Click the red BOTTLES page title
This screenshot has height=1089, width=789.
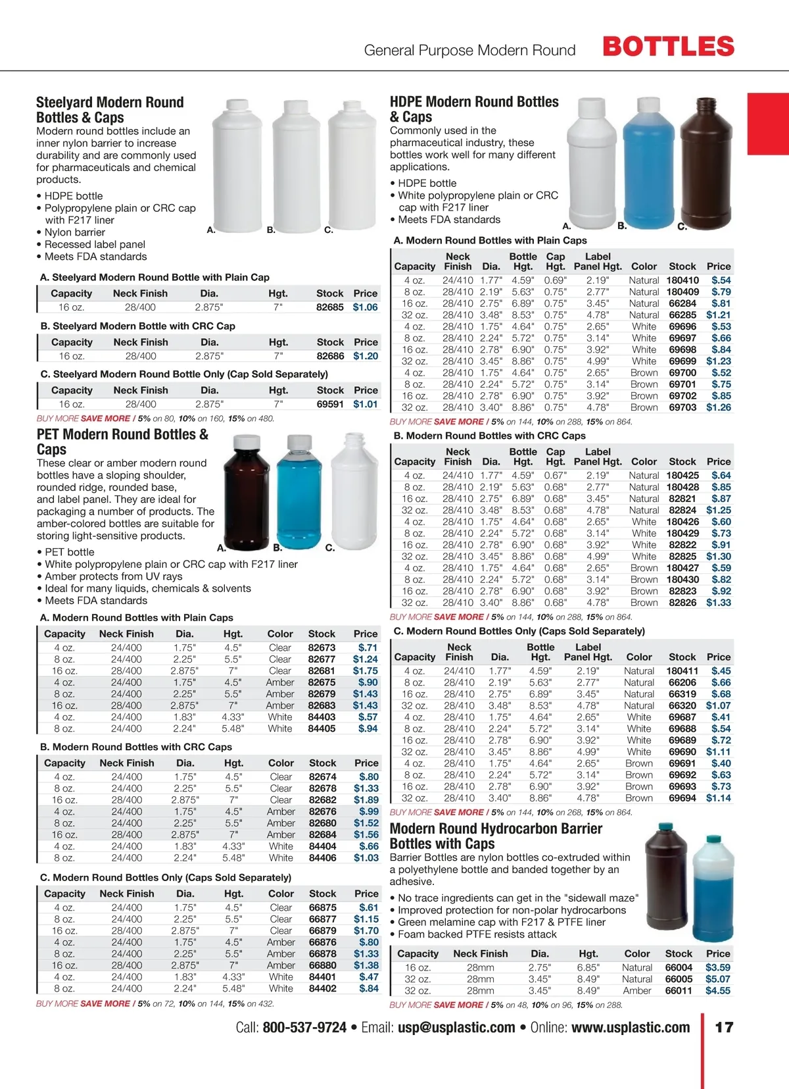(668, 47)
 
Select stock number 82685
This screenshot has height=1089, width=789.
(329, 307)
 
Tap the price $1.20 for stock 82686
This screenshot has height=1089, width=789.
(366, 356)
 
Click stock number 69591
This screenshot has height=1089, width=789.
(330, 405)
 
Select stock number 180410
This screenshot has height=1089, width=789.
(682, 280)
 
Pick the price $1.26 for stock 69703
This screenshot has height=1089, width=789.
(719, 407)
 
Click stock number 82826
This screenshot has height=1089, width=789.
(682, 603)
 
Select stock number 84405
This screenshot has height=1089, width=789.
(322, 729)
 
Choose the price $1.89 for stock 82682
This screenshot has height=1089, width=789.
(366, 800)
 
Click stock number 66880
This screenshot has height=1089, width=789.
(323, 965)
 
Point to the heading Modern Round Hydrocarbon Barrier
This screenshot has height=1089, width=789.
(496, 829)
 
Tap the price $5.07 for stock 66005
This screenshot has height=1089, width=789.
(718, 979)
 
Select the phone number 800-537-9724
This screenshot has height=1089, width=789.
(304, 1028)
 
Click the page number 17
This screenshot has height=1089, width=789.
(724, 1028)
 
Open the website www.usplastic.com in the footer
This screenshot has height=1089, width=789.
(631, 1028)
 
